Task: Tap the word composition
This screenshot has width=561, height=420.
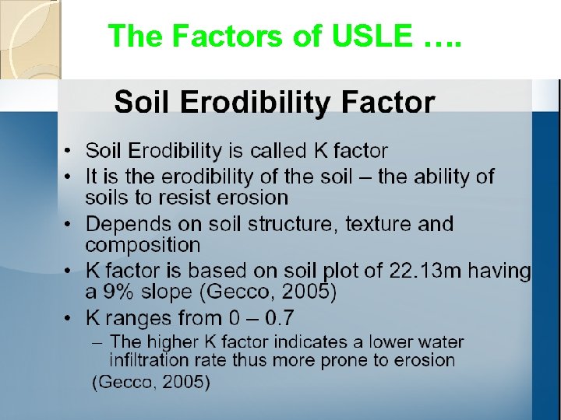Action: click(143, 245)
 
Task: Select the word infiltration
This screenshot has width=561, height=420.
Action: click(147, 360)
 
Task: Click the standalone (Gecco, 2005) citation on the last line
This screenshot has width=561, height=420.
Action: click(151, 382)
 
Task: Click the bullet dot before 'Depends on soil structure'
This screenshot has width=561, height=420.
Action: click(69, 225)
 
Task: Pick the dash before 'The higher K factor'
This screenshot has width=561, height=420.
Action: click(99, 341)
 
